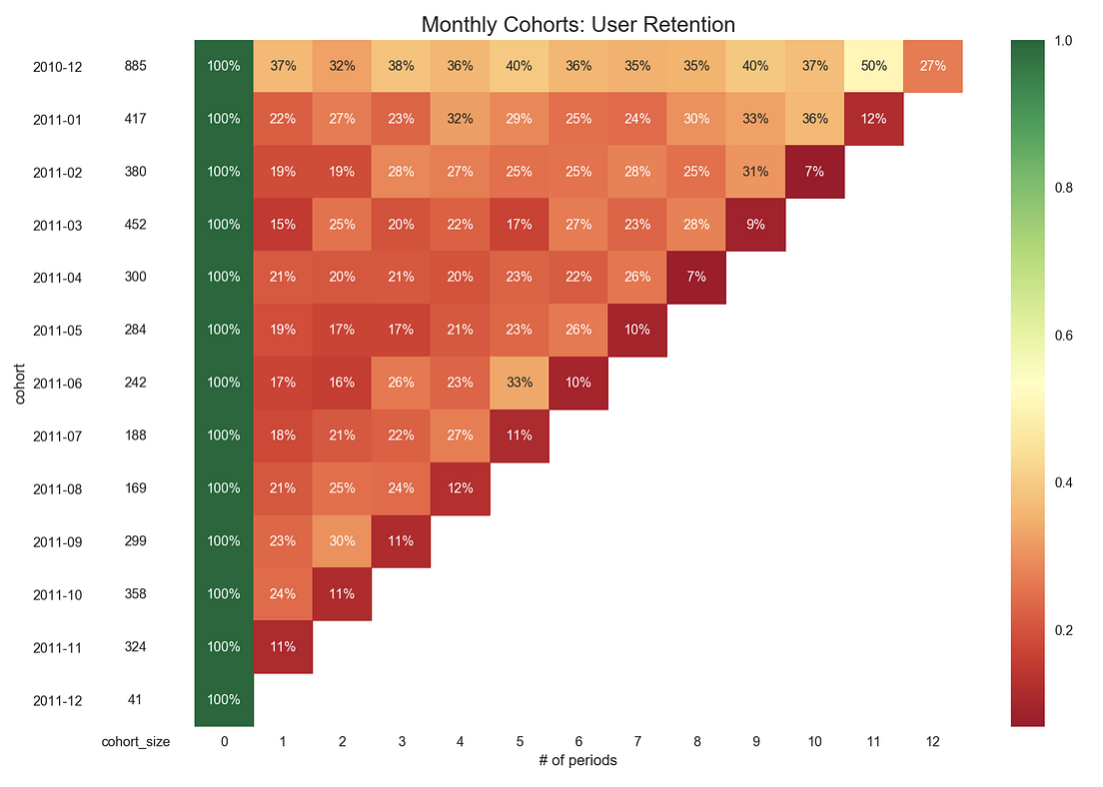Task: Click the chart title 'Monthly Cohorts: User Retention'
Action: tap(578, 24)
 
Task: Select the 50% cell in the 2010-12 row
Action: tap(874, 66)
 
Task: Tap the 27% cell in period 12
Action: tap(933, 66)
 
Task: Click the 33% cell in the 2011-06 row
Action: tap(520, 383)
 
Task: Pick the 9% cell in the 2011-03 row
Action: tap(755, 225)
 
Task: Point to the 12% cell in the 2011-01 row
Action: tap(874, 119)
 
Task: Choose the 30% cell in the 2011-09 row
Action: tap(342, 541)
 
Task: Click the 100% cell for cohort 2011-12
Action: tap(224, 700)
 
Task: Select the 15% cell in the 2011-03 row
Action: tap(283, 225)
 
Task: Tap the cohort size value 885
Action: tap(135, 66)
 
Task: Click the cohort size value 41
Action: tap(135, 700)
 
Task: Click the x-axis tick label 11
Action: tap(874, 742)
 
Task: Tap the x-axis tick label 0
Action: tap(224, 742)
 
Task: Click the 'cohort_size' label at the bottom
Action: tap(135, 742)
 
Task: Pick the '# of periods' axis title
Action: tap(578, 761)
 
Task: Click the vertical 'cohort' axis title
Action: tap(20, 384)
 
